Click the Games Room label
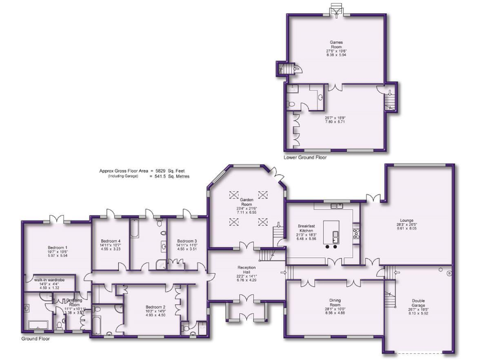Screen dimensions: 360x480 (x=336, y=44)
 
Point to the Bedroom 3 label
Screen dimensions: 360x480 (x=186, y=241)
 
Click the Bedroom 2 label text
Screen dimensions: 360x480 (x=155, y=307)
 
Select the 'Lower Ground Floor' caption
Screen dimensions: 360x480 (x=306, y=157)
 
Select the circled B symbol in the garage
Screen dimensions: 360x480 (x=449, y=272)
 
